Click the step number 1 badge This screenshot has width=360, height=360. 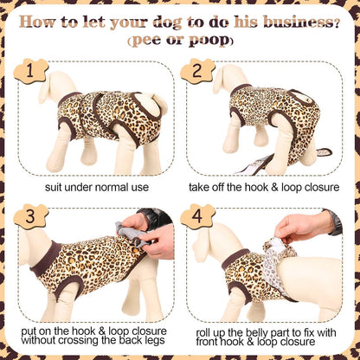click(x=30, y=71)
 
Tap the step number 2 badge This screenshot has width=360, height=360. click(x=197, y=71)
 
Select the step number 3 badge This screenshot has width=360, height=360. click(x=30, y=216)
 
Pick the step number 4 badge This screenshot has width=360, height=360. click(x=197, y=216)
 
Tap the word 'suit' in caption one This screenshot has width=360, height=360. click(x=54, y=187)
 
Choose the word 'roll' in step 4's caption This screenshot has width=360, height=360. click(x=203, y=332)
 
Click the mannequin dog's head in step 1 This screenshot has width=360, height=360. click(x=57, y=86)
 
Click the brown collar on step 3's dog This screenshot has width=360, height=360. click(x=46, y=259)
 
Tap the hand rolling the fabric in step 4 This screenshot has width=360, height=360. click(x=300, y=227)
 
